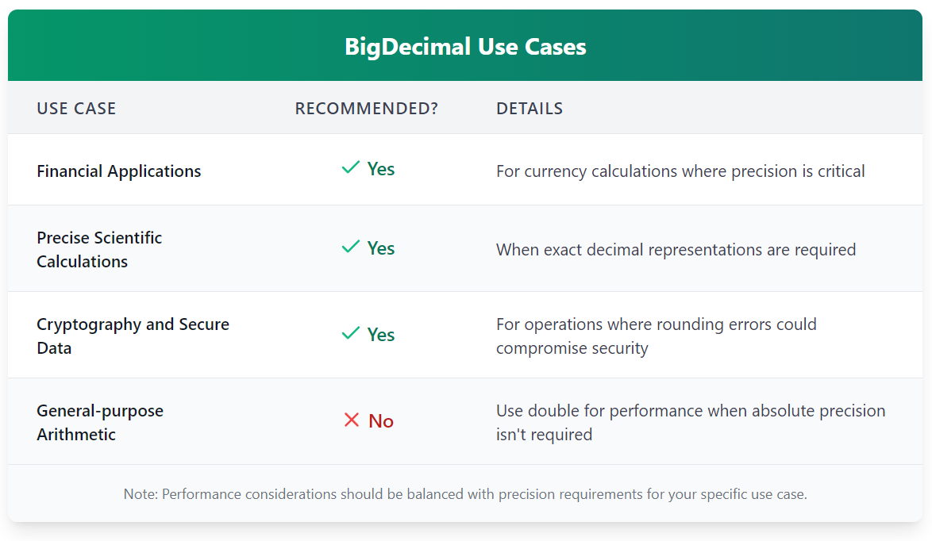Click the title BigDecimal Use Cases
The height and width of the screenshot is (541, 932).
[x=465, y=46]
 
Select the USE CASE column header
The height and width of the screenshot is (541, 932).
[x=77, y=108]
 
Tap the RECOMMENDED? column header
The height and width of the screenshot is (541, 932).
[x=366, y=108]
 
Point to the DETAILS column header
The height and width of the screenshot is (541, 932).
[x=530, y=108]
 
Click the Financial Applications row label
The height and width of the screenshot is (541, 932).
[x=119, y=171]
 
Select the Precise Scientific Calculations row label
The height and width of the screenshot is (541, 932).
[x=99, y=249]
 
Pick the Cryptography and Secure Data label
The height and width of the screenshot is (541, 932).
[x=133, y=336]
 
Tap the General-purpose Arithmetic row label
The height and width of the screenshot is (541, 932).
[x=100, y=422]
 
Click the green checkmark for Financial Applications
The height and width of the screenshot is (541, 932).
[x=351, y=168]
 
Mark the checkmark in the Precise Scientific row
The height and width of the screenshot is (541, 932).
[x=351, y=247]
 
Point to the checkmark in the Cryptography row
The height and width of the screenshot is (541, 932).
[x=351, y=334]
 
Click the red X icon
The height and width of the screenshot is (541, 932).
[x=351, y=420]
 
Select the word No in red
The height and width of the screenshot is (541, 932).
[x=381, y=421]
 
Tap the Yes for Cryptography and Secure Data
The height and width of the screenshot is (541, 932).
[x=381, y=335]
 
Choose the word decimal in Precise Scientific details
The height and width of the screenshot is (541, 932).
[x=614, y=249]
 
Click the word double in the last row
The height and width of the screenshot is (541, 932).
[x=554, y=411]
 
